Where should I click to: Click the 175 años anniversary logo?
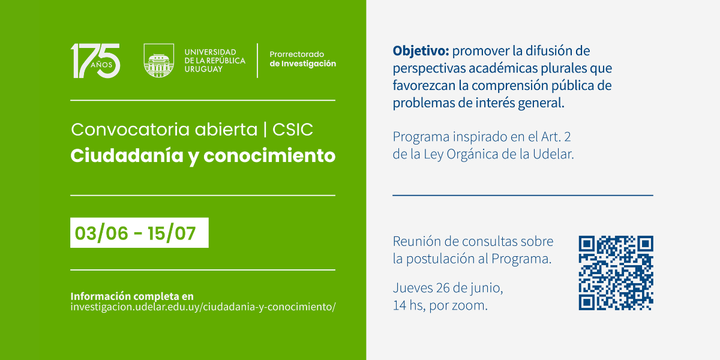click(x=95, y=61)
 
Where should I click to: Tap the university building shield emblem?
click(x=159, y=61)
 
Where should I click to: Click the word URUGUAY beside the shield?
click(x=203, y=69)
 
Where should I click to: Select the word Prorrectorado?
click(x=296, y=55)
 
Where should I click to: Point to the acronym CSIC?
click(x=293, y=130)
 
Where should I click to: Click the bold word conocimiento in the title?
click(x=269, y=156)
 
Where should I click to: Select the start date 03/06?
click(x=101, y=233)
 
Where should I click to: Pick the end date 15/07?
click(x=172, y=233)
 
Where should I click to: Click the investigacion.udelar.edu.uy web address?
click(x=203, y=307)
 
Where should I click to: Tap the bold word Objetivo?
click(x=421, y=51)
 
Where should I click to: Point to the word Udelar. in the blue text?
click(x=553, y=154)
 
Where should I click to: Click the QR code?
click(x=616, y=273)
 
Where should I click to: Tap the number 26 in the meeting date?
click(x=443, y=288)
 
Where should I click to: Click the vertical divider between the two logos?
click(x=257, y=61)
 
